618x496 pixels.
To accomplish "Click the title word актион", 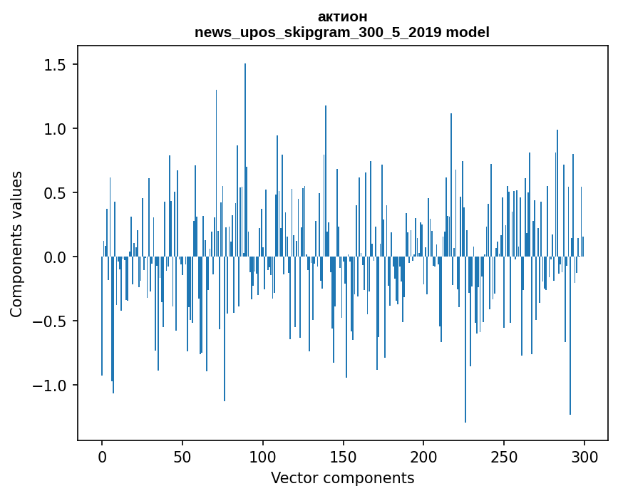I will (x=342, y=16).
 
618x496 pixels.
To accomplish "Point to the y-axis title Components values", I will (x=16, y=244).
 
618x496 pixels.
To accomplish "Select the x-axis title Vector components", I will (x=342, y=478).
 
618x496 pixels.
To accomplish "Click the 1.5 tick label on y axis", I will (x=54, y=65).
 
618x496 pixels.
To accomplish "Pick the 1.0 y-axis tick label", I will (x=54, y=129).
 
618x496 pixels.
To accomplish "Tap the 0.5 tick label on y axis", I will (x=54, y=193).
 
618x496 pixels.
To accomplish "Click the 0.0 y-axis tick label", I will (x=54, y=257).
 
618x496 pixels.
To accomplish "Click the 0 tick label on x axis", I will (x=102, y=456).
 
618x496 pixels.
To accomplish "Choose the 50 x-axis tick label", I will (x=182, y=456).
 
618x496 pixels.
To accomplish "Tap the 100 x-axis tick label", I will (x=263, y=456).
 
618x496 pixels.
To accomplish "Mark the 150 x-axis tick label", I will (x=343, y=456).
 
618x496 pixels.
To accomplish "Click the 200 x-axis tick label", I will (x=423, y=456).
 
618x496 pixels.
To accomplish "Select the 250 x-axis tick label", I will (x=504, y=456).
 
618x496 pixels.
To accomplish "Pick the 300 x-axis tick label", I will (x=584, y=456).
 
